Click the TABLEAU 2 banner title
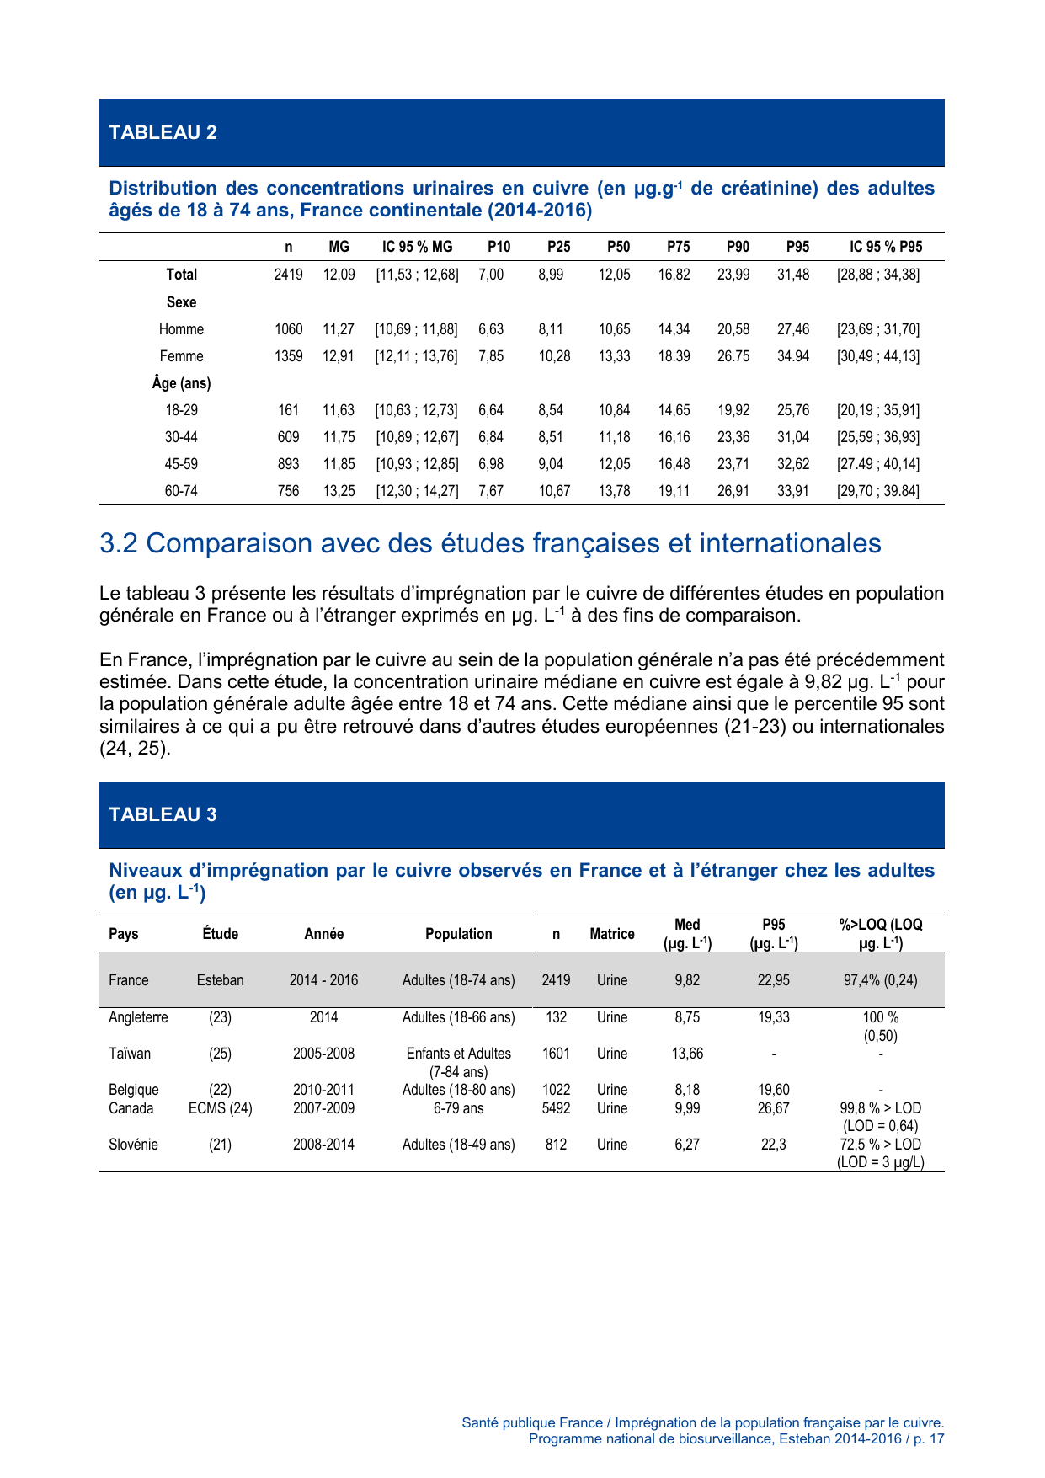(163, 132)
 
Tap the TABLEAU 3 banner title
(163, 814)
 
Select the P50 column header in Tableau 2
(618, 247)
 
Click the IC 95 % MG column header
(417, 247)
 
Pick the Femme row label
(181, 356)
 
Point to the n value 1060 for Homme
(288, 329)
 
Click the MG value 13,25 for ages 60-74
(339, 491)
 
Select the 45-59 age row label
(181, 464)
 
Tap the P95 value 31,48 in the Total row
(792, 275)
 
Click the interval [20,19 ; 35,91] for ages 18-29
(877, 410)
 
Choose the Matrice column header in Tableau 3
(611, 934)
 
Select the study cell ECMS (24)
(220, 1108)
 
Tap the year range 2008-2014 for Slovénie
(323, 1145)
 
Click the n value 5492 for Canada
(556, 1108)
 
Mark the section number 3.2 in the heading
(118, 543)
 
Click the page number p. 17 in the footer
(928, 1438)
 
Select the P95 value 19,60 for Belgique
(773, 1090)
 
